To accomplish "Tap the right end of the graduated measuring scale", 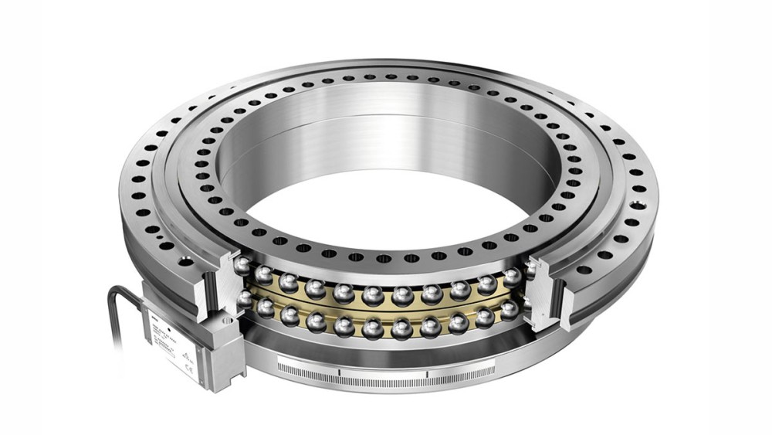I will [495, 370].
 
